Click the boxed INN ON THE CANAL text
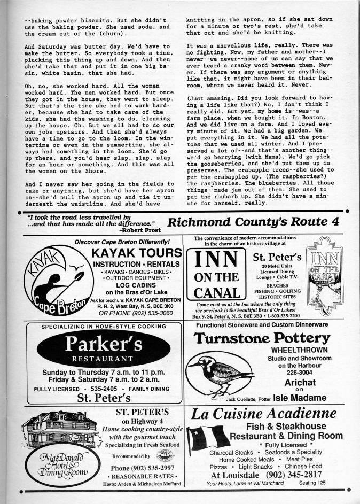216,276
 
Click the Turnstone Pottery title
261,338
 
